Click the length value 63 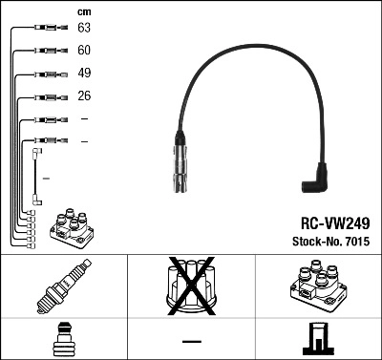pos(85,29)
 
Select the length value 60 pos(85,51)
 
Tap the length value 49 pos(85,74)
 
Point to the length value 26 pos(85,96)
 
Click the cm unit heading pos(84,11)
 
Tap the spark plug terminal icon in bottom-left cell pos(63,340)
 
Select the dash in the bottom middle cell pos(191,341)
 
